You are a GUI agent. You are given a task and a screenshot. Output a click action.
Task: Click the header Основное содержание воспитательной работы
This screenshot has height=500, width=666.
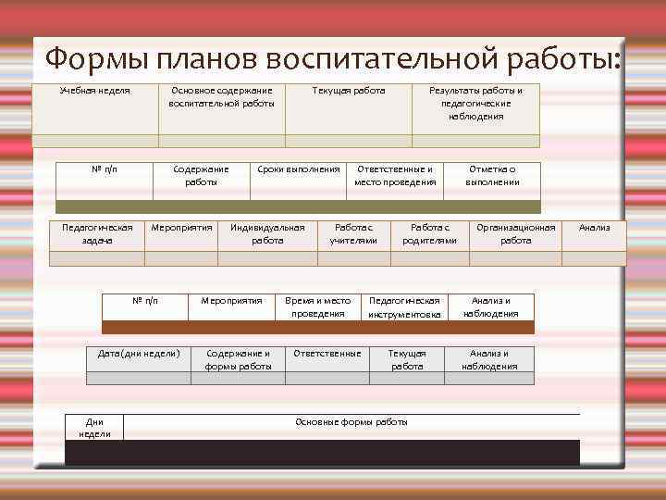click(222, 97)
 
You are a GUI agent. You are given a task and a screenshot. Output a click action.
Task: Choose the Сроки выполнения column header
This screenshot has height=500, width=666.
click(299, 169)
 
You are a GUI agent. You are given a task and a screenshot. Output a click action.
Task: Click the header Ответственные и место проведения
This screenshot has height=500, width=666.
click(395, 176)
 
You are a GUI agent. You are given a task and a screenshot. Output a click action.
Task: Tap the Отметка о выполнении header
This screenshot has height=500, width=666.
click(492, 176)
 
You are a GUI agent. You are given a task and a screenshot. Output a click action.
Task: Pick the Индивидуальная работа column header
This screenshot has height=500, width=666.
click(267, 233)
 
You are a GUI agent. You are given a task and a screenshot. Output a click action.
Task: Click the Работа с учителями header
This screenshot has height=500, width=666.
click(353, 233)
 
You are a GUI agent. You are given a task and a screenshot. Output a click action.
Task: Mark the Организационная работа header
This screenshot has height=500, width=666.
click(516, 233)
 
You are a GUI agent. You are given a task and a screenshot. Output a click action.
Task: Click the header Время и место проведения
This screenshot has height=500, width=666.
click(318, 306)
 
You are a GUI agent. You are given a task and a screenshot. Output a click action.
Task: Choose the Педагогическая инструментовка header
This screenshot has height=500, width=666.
click(405, 307)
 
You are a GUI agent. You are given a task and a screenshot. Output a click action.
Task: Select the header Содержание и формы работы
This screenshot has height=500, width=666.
click(239, 359)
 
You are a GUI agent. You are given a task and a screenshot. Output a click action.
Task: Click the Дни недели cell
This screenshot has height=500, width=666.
click(94, 428)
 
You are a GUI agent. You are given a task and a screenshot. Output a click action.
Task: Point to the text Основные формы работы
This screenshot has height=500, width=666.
click(351, 422)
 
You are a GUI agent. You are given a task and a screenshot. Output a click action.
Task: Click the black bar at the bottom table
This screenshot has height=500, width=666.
click(322, 453)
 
